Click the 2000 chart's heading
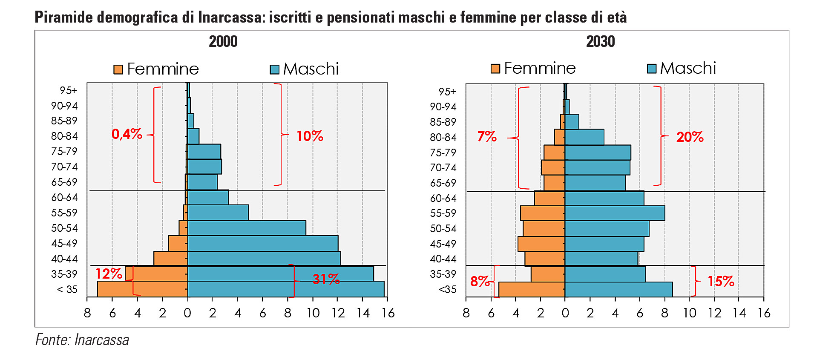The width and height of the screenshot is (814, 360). click(223, 42)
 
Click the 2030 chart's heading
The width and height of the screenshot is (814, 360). click(600, 42)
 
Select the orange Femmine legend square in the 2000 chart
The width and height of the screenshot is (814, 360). click(118, 69)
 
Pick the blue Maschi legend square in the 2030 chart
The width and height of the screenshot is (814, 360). click(651, 69)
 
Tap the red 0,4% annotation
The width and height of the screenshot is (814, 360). click(127, 134)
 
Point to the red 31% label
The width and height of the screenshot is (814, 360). click(326, 279)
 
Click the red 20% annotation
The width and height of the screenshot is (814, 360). click(690, 137)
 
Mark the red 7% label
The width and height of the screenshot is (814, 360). click(486, 136)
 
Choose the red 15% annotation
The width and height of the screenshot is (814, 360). click(721, 281)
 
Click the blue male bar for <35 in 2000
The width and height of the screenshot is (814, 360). click(285, 289)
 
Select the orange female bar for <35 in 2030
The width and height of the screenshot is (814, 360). click(532, 289)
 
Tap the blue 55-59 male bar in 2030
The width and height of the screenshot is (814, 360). click(614, 213)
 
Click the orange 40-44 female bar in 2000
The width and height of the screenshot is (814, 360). click(170, 259)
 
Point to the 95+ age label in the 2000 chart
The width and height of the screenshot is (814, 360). click(68, 90)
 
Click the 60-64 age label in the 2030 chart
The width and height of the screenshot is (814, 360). click(443, 198)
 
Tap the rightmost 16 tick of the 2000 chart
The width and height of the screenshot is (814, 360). click(388, 313)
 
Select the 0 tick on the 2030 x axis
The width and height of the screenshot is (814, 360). click(565, 313)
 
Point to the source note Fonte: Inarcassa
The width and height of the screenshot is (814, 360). click(82, 340)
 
